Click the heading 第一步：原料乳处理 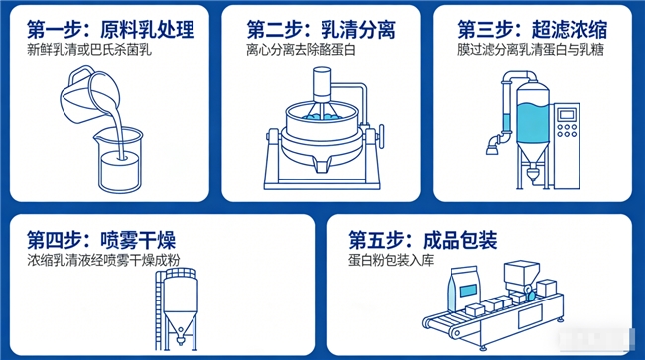[x=111, y=29]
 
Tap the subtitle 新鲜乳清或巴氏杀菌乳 [x=89, y=50]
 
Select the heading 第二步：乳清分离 [x=321, y=29]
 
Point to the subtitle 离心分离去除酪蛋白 [x=301, y=50]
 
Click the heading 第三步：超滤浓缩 [x=532, y=29]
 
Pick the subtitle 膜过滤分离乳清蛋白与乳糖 [x=531, y=50]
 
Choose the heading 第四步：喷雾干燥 [x=101, y=240]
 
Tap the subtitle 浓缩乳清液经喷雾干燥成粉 [x=103, y=261]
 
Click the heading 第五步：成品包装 [x=423, y=240]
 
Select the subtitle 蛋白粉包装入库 [x=391, y=261]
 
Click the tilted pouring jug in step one [x=88, y=95]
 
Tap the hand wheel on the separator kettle [x=382, y=137]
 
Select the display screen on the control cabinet [x=567, y=115]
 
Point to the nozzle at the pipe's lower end [x=492, y=147]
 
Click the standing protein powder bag [x=464, y=289]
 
